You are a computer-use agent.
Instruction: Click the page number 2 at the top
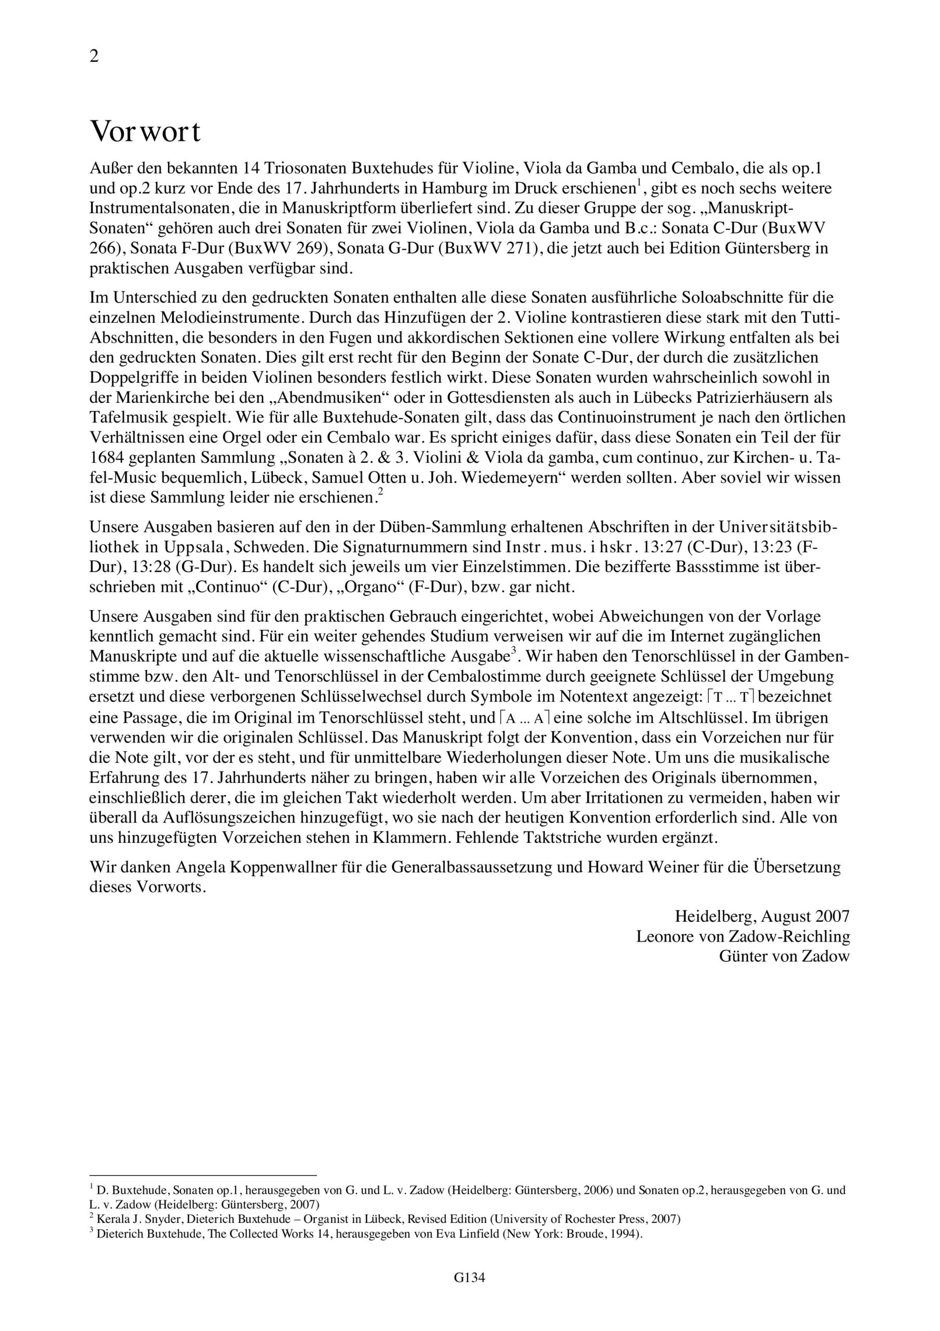point(94,57)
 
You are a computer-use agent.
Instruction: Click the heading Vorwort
point(145,132)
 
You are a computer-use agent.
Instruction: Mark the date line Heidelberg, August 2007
point(762,917)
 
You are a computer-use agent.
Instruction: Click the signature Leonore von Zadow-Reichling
point(743,936)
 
